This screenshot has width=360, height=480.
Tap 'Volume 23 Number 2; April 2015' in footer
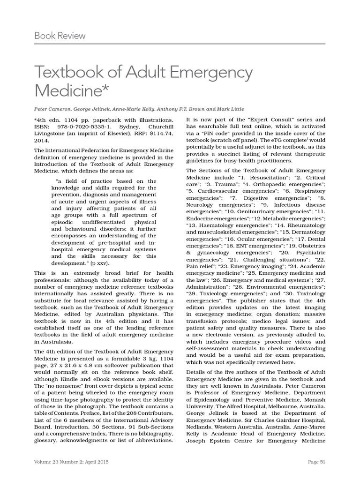tap(71, 462)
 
